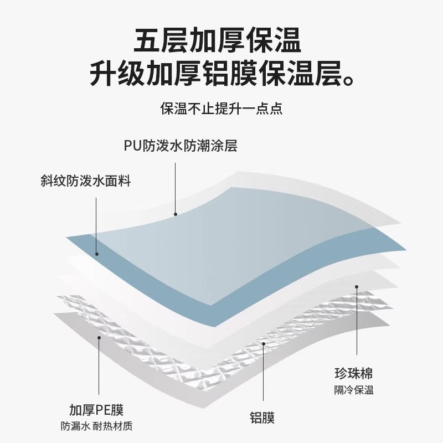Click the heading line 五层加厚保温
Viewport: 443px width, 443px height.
221,42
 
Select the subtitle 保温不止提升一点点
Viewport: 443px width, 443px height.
221,109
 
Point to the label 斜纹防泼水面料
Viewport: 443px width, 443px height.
86,181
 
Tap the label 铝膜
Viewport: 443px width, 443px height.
262,417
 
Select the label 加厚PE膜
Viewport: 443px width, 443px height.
96,410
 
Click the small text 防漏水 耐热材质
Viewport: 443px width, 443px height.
96,427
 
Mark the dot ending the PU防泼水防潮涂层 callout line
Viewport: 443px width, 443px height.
176,213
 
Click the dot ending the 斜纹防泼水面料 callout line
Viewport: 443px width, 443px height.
96,254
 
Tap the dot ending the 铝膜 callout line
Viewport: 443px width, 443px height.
264,343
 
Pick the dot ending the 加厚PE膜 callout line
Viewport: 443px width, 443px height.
99,337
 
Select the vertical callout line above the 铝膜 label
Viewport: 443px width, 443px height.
264,377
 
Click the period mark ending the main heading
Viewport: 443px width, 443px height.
346,82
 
